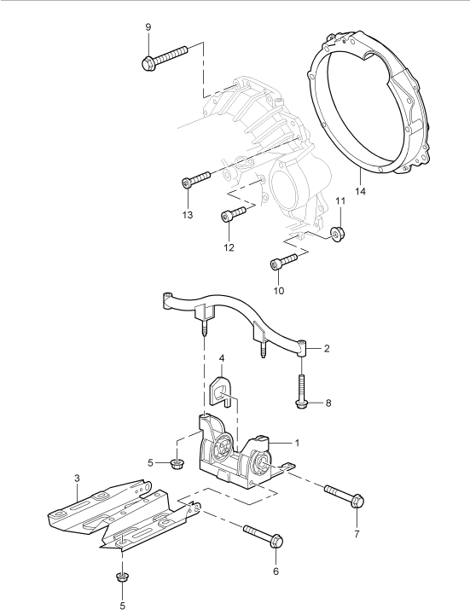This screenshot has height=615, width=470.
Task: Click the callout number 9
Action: point(148,27)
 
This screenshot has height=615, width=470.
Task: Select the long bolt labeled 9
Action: point(165,58)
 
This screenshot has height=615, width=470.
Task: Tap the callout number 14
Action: point(360,191)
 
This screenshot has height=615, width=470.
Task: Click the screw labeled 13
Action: point(196,179)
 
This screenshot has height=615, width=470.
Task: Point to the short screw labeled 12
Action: point(233,214)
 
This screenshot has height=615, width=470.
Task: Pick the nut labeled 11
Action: point(334,233)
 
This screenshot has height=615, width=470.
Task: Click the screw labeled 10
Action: point(284,261)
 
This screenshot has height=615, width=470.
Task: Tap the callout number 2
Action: point(327,348)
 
